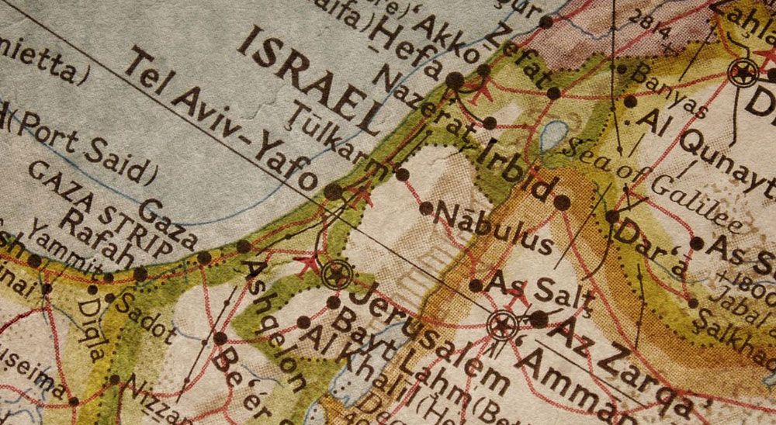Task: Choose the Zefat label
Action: [x=519, y=61]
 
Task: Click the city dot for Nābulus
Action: [x=426, y=208]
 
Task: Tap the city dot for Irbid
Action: [x=562, y=203]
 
